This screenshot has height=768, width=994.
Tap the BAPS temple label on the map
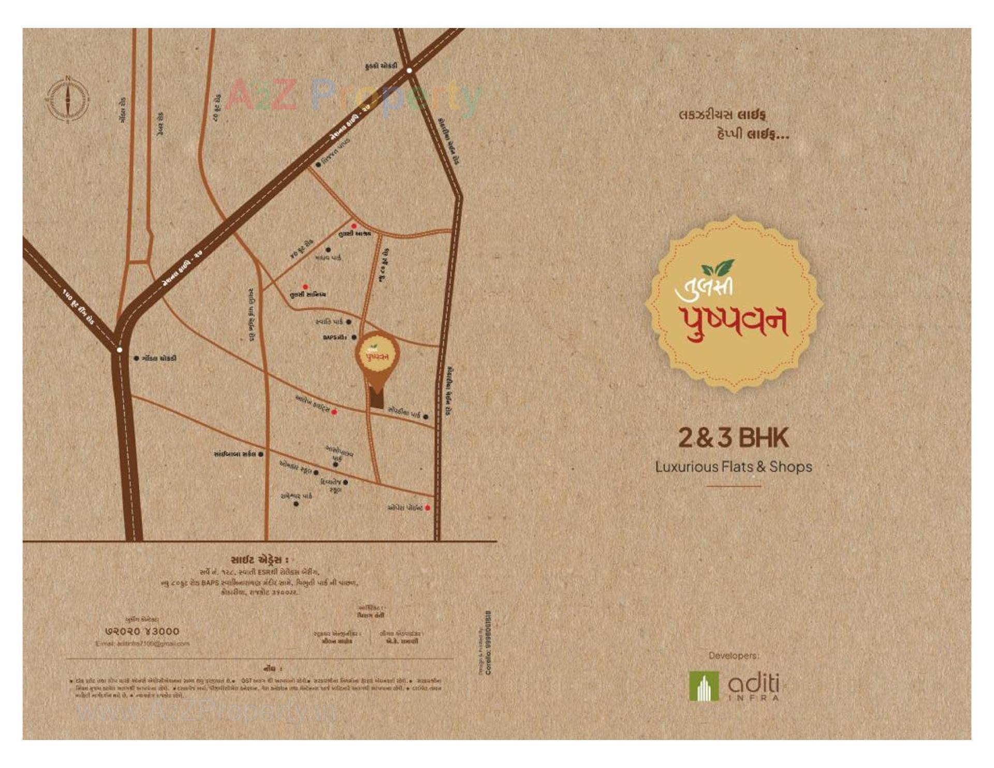334,337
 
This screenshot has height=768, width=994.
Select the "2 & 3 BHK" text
733,438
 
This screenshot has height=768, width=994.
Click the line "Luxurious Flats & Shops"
733,467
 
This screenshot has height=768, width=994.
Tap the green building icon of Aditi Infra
704,686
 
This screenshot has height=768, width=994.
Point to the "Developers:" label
733,656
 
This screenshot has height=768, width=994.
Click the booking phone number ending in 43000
142,631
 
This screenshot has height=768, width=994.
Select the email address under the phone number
142,644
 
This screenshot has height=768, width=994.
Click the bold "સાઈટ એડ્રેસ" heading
259,560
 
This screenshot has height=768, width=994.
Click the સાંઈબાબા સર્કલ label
235,454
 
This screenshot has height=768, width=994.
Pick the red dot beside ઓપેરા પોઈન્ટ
428,508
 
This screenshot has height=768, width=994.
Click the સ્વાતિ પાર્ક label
329,322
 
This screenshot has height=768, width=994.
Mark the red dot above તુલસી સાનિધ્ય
305,286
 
